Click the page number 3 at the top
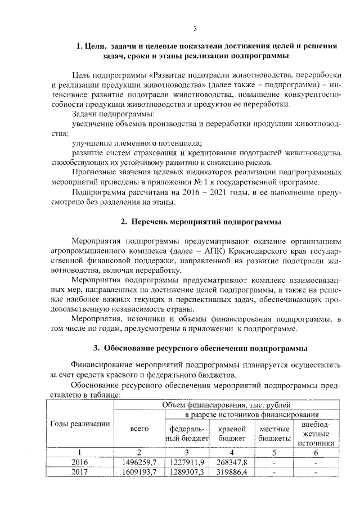195,29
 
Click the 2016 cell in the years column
80,462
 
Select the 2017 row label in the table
80,472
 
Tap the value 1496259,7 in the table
139,462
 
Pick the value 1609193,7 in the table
139,472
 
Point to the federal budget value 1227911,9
187,462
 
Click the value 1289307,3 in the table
187,472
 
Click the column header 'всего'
139,429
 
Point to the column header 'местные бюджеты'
274,434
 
